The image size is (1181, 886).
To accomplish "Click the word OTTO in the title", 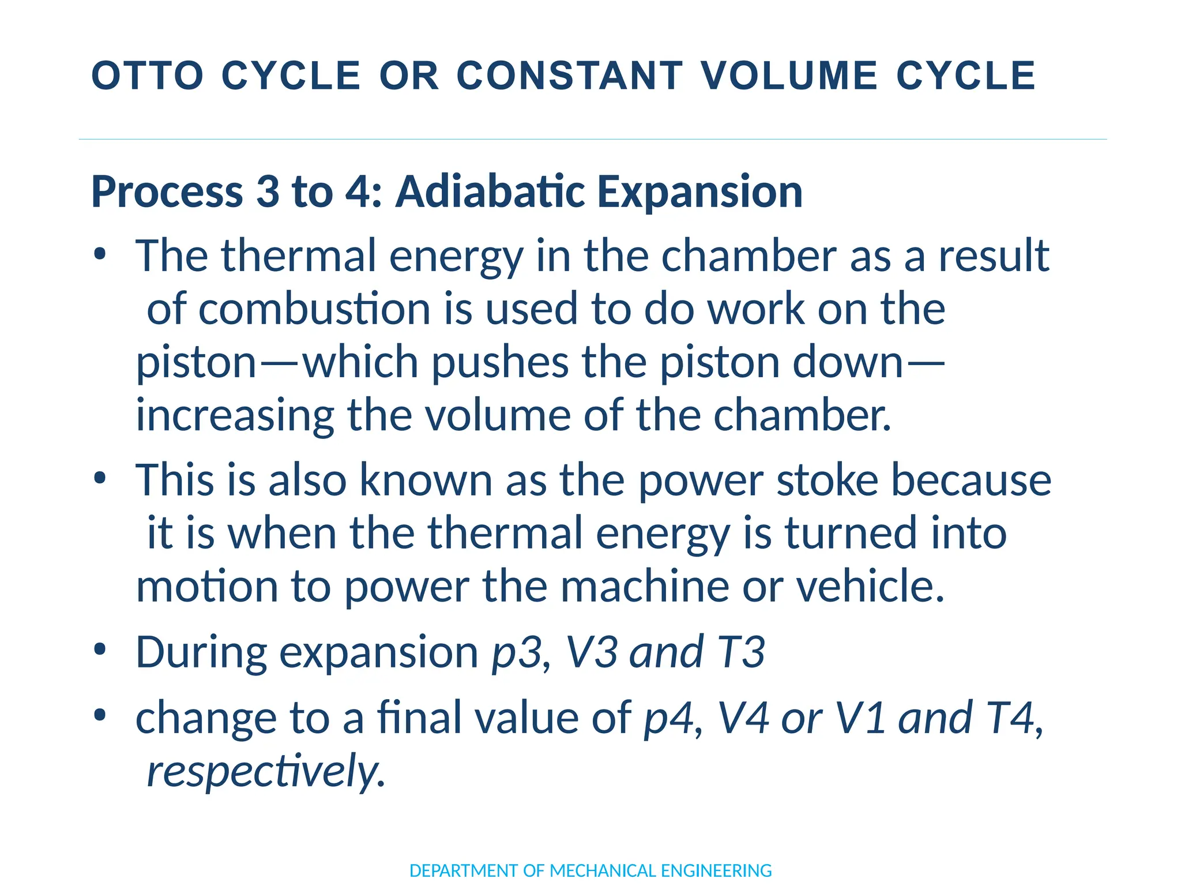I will click(148, 76).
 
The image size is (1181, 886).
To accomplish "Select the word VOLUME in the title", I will click(789, 76).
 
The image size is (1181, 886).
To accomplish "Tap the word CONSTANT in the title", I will click(570, 76).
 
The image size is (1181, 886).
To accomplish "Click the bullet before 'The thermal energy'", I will click(100, 254).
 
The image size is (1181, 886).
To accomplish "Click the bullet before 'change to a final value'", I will click(100, 715).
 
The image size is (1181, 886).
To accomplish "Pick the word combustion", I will click(315, 309).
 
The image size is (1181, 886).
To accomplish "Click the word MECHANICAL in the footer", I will click(603, 870).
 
